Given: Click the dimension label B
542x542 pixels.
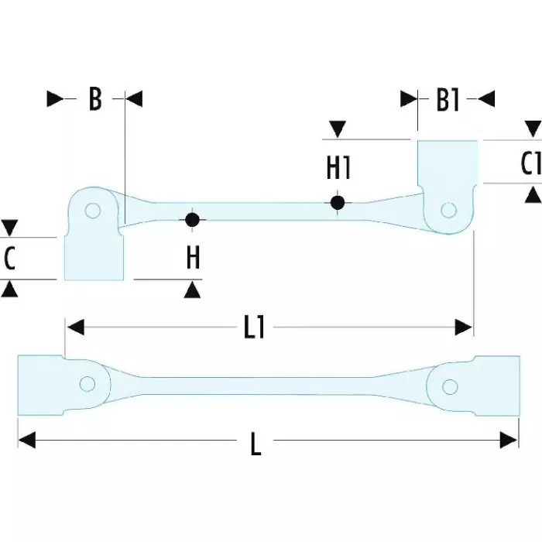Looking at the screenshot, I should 94,99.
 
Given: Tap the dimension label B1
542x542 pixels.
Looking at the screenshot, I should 448,100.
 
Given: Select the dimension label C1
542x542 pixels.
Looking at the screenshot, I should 530,163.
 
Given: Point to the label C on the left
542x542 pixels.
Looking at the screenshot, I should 9,259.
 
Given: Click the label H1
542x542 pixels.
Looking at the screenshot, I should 338,167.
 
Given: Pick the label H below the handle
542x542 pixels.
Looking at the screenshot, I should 193,258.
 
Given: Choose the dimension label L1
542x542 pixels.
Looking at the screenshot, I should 255,328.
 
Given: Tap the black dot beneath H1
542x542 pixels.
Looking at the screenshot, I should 337,203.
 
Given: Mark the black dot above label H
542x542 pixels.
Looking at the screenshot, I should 192,220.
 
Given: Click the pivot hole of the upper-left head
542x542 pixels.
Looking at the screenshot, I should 93,211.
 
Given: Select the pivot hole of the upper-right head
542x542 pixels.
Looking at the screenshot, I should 448,209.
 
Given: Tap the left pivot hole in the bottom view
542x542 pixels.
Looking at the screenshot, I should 87,382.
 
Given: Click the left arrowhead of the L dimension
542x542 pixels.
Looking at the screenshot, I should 26,441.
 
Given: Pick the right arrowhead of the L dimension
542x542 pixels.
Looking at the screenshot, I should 509,441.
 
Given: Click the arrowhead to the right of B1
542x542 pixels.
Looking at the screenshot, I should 486,98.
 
